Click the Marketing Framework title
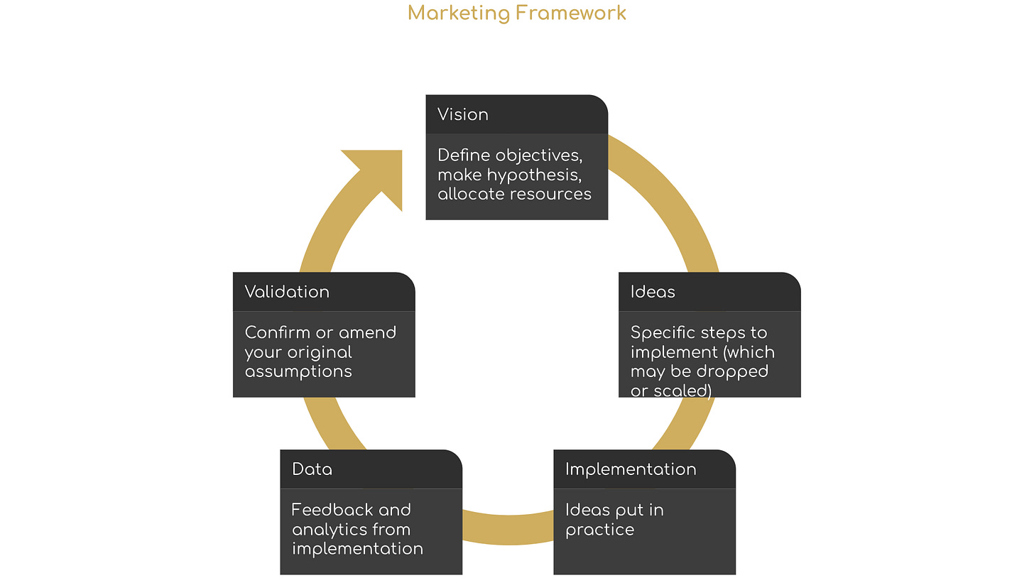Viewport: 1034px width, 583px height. coord(517,13)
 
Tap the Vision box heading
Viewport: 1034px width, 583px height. coord(463,114)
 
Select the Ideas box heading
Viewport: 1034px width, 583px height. coord(653,292)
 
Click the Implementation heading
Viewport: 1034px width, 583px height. coord(631,469)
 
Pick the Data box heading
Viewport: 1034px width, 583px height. coord(312,469)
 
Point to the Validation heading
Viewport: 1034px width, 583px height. coord(287,292)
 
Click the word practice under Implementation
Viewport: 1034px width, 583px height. coord(599,530)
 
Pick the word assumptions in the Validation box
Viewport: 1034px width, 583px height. coord(298,371)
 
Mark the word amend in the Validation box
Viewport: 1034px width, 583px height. coord(367,332)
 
